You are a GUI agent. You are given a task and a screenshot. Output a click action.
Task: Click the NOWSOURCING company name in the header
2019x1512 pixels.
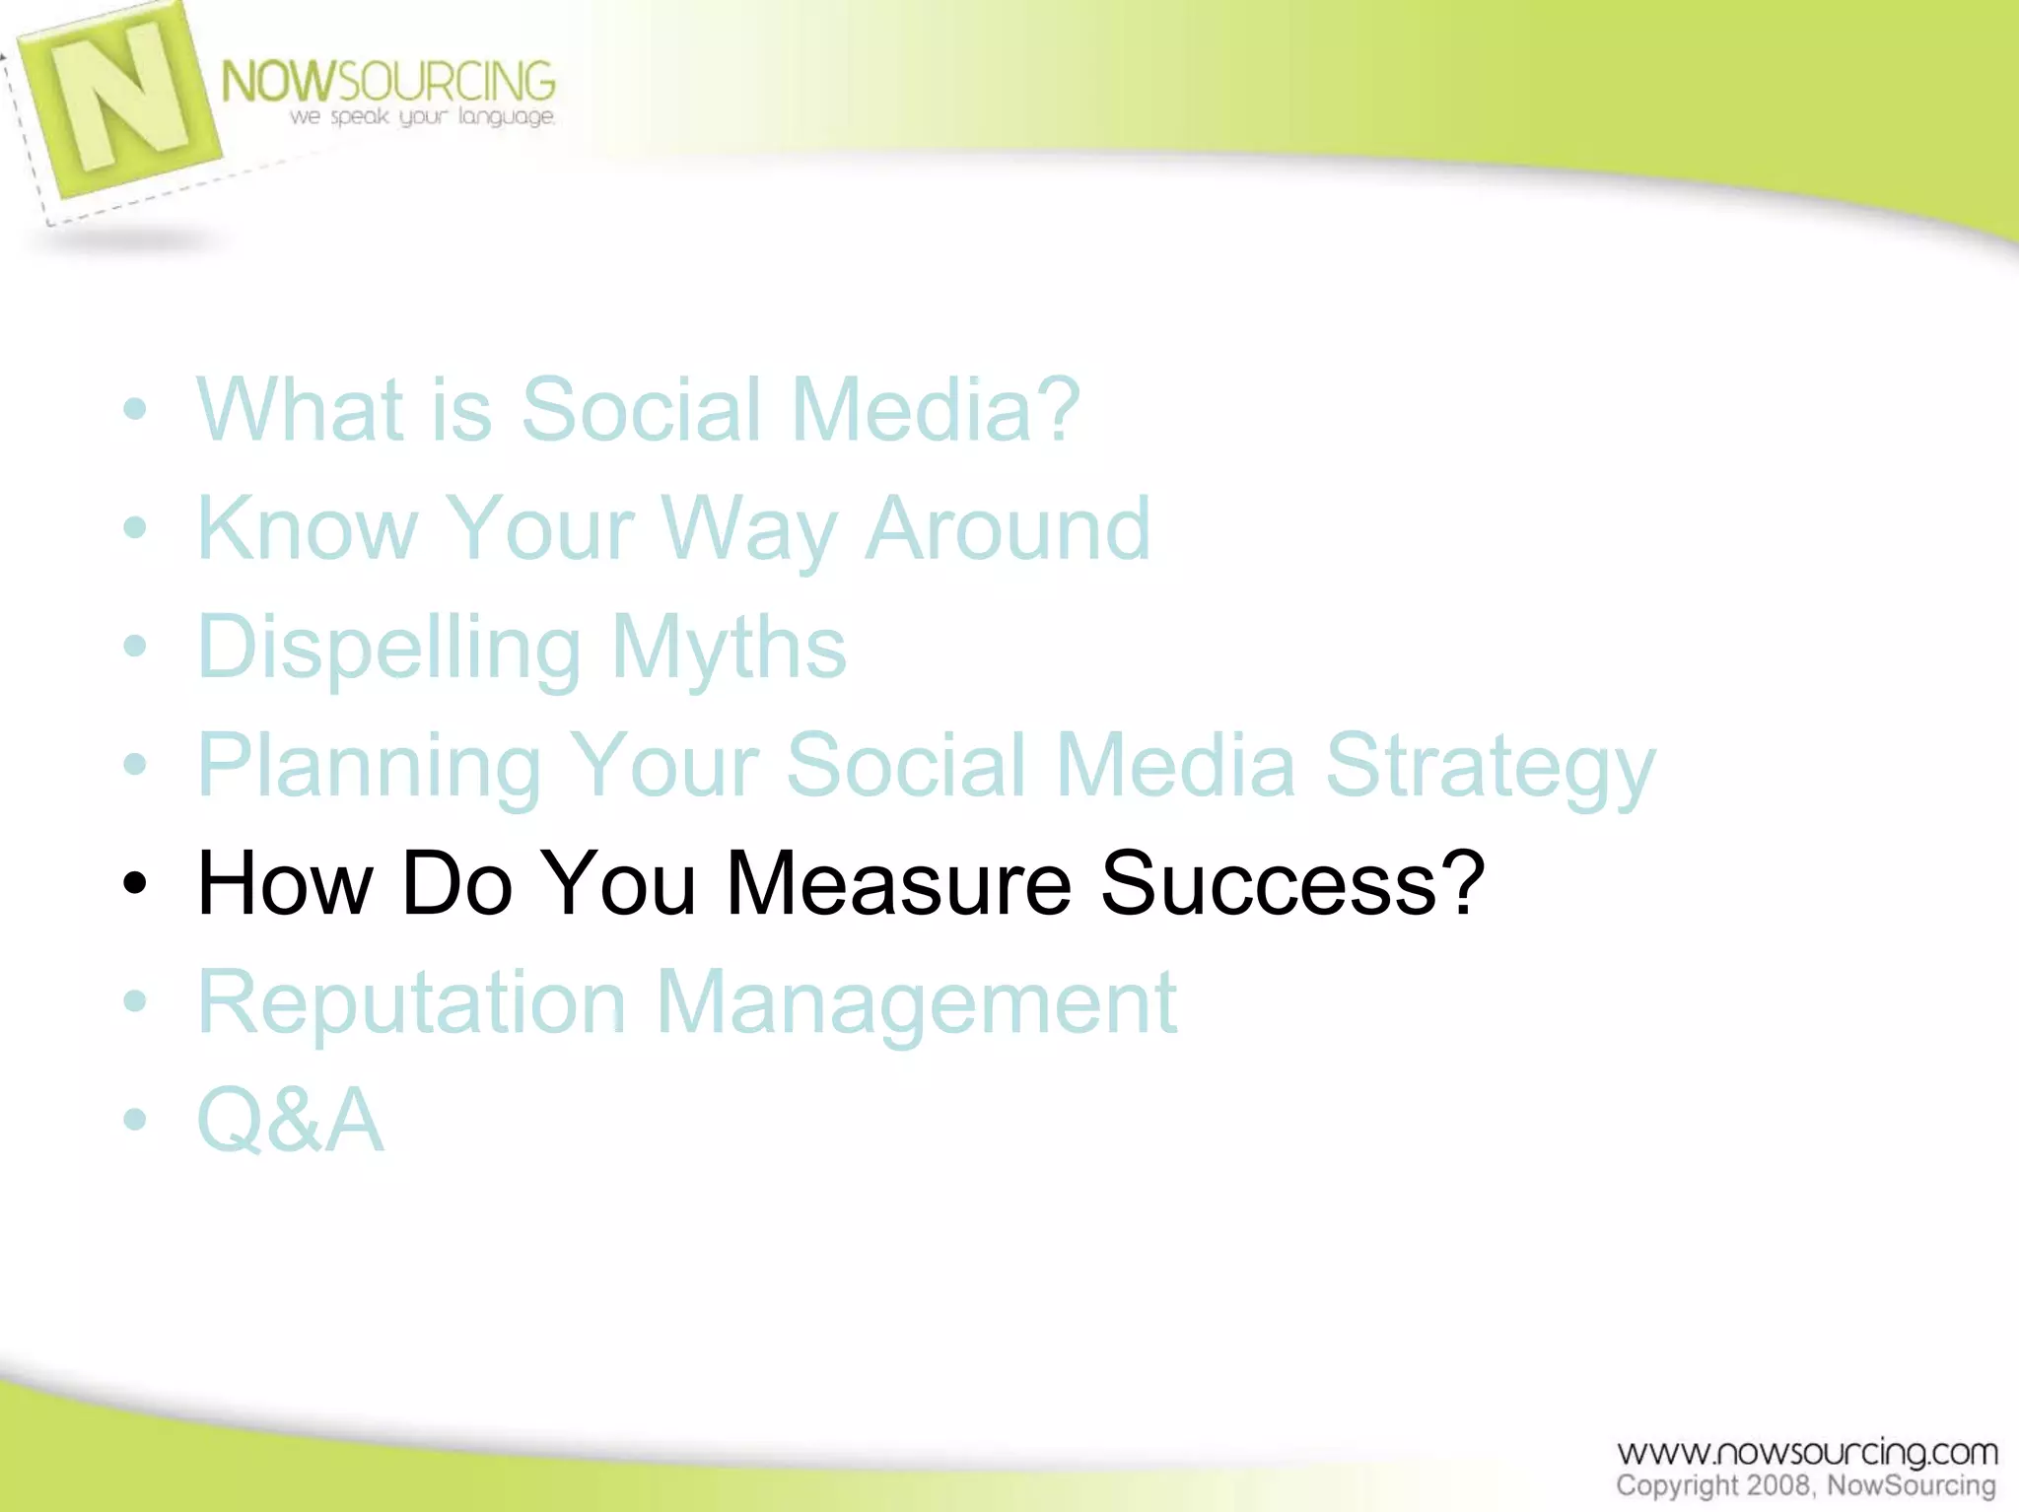pyautogui.click(x=387, y=81)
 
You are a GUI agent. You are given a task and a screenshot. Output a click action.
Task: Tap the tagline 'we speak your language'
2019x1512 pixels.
pyautogui.click(x=422, y=117)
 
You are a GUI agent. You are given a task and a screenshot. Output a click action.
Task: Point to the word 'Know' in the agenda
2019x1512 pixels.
pyautogui.click(x=308, y=529)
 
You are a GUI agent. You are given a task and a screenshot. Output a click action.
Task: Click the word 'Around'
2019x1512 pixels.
pyautogui.click(x=1008, y=529)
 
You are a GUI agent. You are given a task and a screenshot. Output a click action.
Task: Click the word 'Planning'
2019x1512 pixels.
pyautogui.click(x=370, y=767)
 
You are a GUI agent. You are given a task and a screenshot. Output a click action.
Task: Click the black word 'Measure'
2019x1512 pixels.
pyautogui.click(x=898, y=883)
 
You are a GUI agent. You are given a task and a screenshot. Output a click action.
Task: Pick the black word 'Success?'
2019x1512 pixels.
pyautogui.click(x=1291, y=883)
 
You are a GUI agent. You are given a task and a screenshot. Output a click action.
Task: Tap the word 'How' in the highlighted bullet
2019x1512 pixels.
pyautogui.click(x=285, y=883)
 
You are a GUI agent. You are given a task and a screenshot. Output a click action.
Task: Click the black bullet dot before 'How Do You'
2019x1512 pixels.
pyautogui.click(x=135, y=883)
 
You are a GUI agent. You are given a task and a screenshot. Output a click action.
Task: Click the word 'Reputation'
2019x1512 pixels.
pyautogui.click(x=411, y=1003)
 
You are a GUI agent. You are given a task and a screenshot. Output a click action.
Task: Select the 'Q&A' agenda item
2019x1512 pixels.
pyautogui.click(x=290, y=1121)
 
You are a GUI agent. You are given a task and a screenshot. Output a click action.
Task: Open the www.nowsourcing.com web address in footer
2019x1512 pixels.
pyautogui.click(x=1806, y=1452)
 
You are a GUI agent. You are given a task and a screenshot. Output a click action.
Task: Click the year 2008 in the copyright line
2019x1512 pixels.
pyautogui.click(x=1780, y=1485)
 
